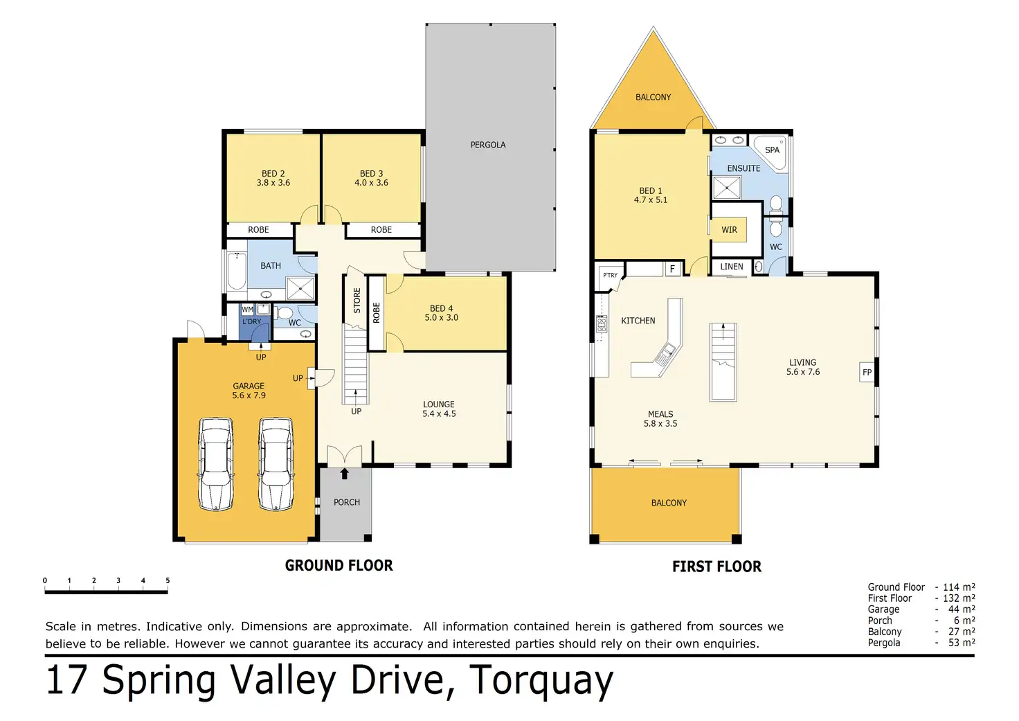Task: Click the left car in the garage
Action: (x=216, y=464)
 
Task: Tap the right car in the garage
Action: (x=276, y=464)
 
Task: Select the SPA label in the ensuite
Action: (x=772, y=150)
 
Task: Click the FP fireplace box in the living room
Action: (x=867, y=373)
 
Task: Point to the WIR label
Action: (x=729, y=230)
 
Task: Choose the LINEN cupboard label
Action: (x=732, y=267)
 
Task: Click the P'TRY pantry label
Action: (x=610, y=275)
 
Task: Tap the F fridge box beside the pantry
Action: (x=672, y=269)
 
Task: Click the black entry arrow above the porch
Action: (x=344, y=473)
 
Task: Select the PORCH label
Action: (x=347, y=502)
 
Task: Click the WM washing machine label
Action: (x=247, y=310)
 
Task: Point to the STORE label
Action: (x=357, y=301)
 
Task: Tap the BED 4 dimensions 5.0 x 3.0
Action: (x=441, y=318)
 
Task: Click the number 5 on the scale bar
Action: (x=168, y=580)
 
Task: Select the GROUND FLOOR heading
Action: (x=339, y=565)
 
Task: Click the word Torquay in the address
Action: (x=541, y=680)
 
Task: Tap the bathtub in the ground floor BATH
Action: (x=237, y=272)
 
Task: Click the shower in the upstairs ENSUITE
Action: (x=726, y=188)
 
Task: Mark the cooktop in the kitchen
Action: (x=602, y=324)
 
